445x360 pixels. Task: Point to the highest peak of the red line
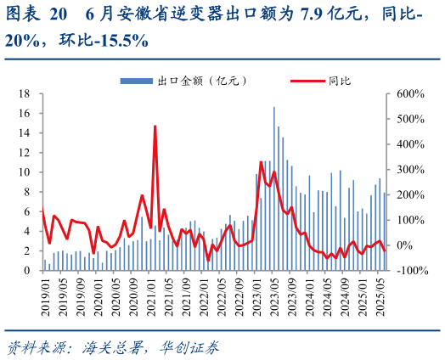155,126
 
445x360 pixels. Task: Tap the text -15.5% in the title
118,39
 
